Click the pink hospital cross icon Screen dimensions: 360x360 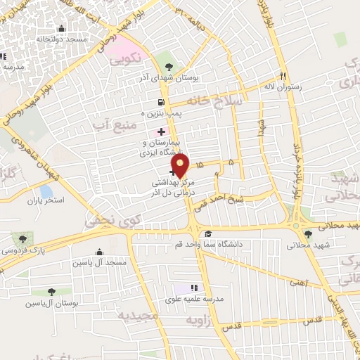(161, 131)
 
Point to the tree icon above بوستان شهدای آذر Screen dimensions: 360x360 (167, 66)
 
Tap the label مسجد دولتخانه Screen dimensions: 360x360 (62, 39)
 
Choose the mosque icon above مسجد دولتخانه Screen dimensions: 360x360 (62, 29)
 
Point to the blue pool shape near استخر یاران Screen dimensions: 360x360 (46, 190)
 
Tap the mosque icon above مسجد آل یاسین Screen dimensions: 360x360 (98, 252)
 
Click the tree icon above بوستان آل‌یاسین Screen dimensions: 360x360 (51, 291)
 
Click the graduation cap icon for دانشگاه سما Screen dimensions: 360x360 (207, 234)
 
